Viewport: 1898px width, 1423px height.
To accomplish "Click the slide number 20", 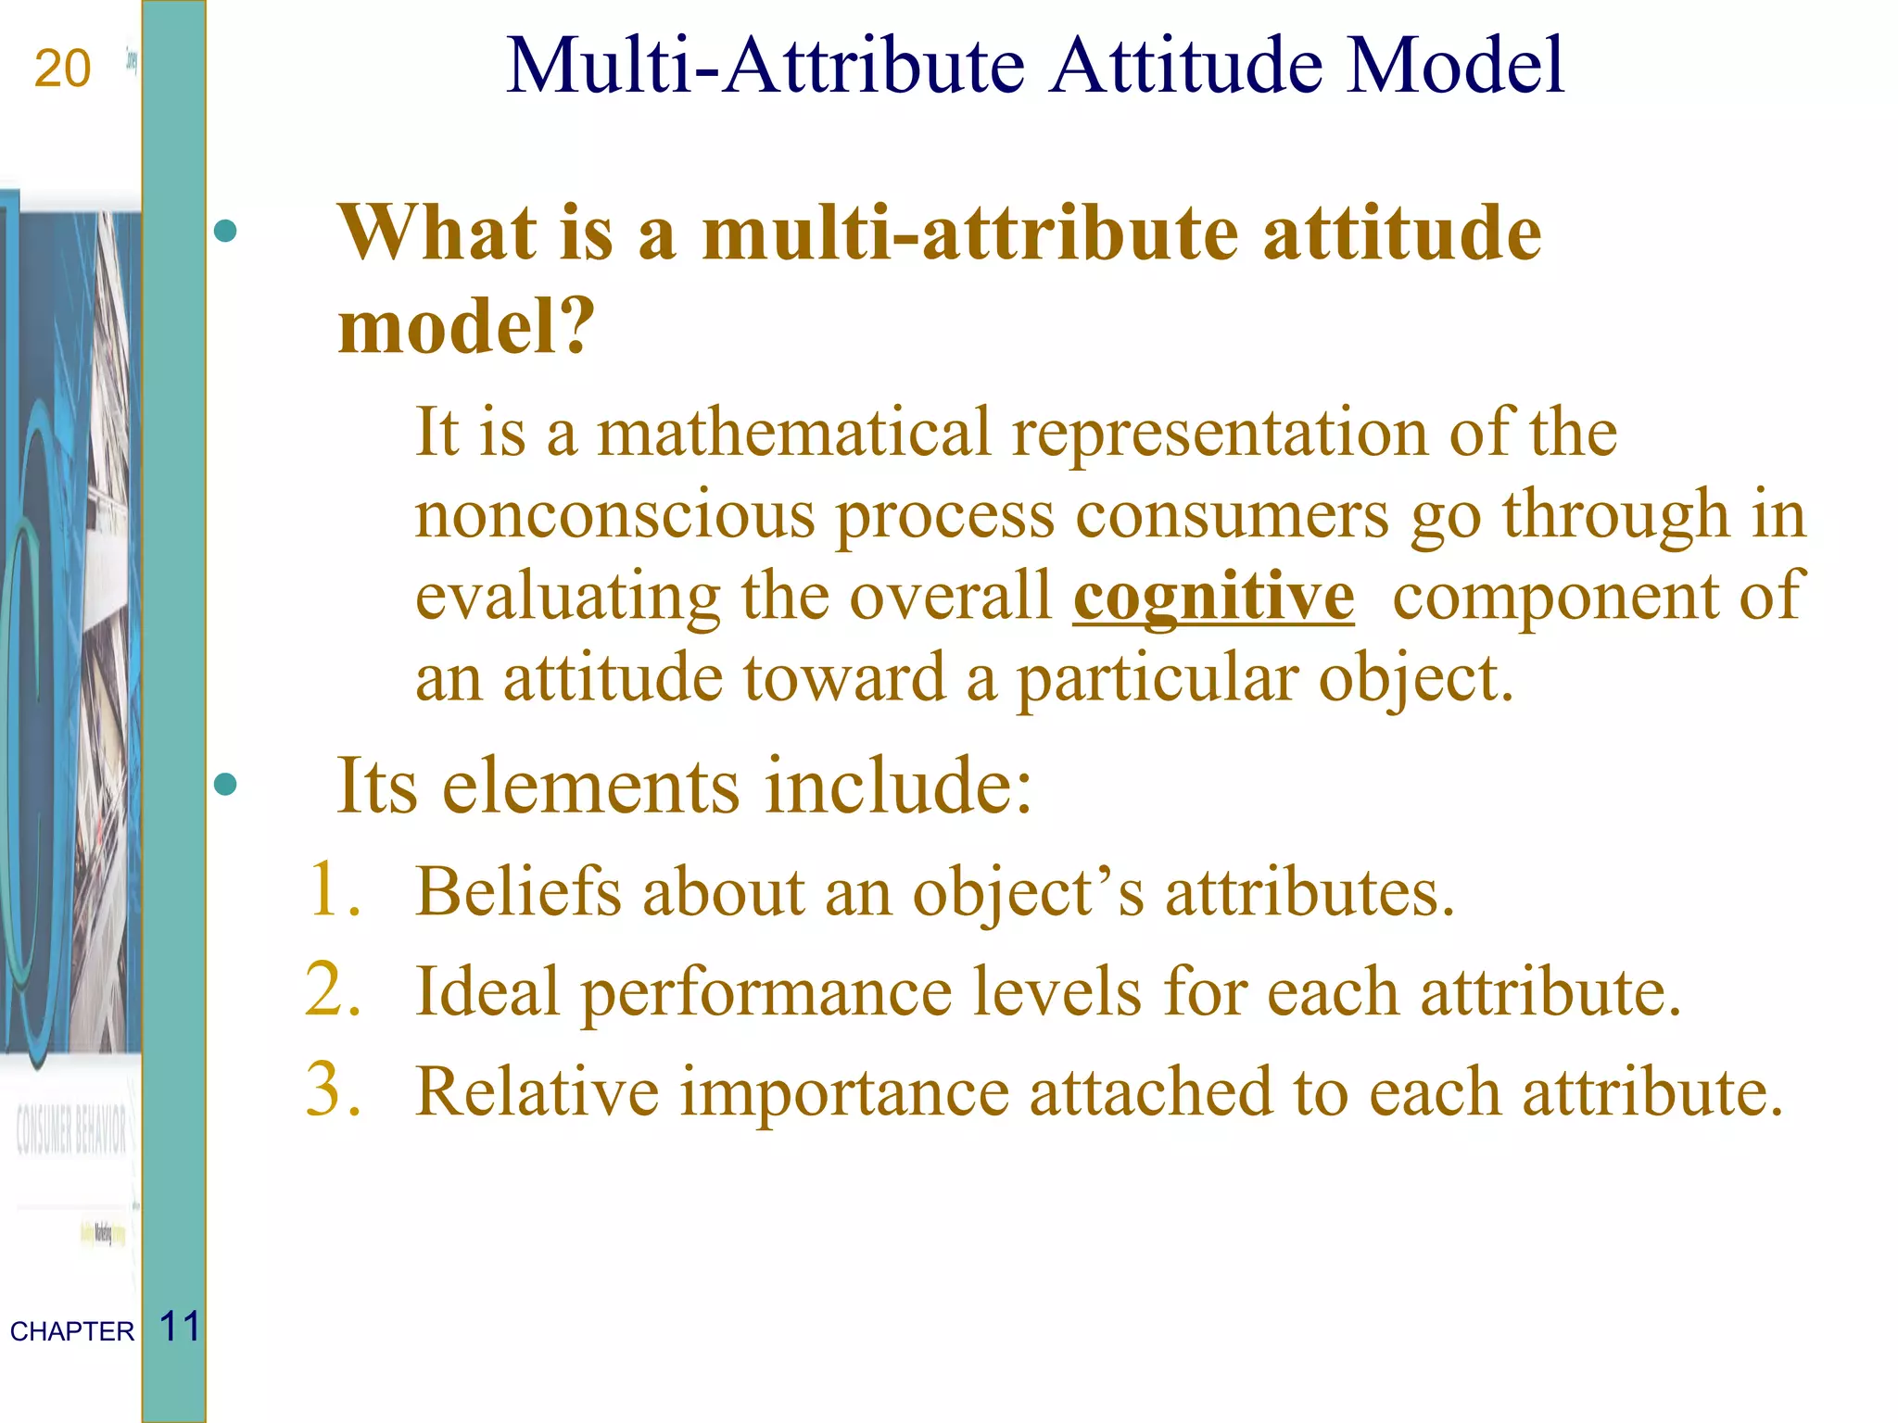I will point(62,69).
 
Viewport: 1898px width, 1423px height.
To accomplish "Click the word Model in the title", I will point(1455,66).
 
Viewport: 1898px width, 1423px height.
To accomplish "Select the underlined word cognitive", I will point(1213,597).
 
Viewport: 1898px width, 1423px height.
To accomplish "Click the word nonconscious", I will point(614,514).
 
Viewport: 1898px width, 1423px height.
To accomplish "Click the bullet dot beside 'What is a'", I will point(225,231).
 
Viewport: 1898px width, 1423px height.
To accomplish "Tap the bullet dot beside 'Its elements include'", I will point(225,786).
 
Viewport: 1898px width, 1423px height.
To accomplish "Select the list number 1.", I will point(333,889).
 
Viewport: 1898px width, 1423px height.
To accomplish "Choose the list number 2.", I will point(333,989).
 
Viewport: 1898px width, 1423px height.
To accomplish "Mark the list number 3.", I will point(333,1089).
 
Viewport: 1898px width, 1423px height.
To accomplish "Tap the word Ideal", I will point(487,991).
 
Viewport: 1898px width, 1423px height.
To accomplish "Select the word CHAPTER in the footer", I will point(72,1331).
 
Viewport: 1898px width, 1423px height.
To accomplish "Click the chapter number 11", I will point(180,1327).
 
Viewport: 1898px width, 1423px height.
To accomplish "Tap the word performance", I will point(766,993).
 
